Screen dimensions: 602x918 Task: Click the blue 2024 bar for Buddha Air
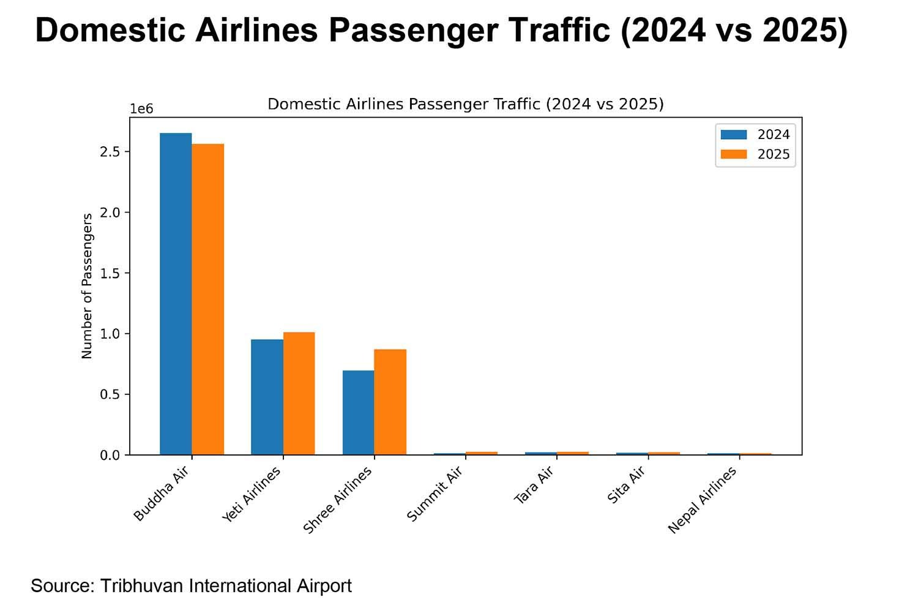[176, 294]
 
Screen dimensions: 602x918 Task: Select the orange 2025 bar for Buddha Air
[208, 299]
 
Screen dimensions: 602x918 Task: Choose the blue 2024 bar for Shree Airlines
[359, 413]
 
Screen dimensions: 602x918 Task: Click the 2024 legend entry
[756, 135]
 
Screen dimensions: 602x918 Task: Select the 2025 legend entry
[756, 154]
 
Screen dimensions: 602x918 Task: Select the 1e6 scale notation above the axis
[141, 109]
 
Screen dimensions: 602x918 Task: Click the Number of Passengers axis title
[87, 286]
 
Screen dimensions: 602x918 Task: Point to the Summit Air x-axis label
[434, 495]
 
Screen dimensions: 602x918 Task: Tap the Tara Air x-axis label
[534, 485]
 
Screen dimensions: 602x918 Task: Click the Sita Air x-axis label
[626, 485]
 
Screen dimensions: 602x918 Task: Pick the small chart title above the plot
[466, 104]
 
